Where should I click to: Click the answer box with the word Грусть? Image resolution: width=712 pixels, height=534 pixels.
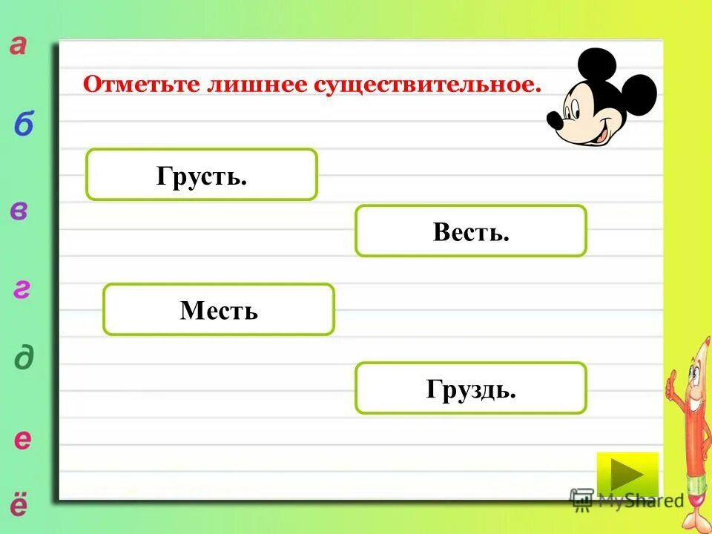(x=201, y=174)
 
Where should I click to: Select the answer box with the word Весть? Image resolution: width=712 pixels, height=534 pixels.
(x=470, y=231)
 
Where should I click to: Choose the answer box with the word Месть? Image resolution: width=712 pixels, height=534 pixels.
(x=218, y=309)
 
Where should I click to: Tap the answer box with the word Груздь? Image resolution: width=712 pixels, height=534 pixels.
(x=470, y=388)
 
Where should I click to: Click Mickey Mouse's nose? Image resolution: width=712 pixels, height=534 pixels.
(x=555, y=118)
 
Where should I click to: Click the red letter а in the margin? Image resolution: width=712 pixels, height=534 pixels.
(x=19, y=46)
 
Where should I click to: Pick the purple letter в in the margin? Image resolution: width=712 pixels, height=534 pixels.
(x=20, y=211)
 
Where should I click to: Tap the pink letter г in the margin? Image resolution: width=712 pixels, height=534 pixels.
(x=22, y=290)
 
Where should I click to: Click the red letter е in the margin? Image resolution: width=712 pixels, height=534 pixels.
(x=23, y=440)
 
